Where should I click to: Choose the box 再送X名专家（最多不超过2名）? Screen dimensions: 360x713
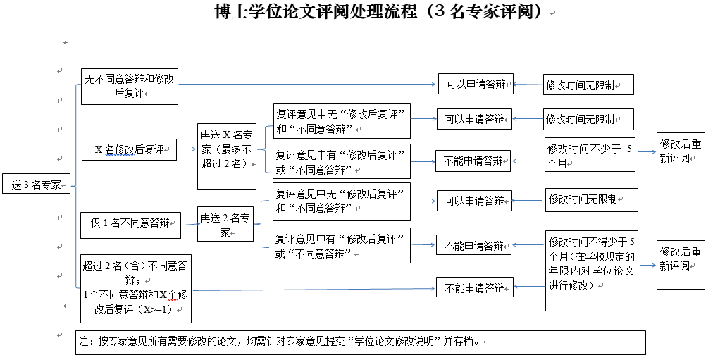click(226, 156)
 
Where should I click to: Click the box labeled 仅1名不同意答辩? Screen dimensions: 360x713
click(130, 224)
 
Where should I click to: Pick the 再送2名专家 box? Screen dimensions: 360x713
click(225, 225)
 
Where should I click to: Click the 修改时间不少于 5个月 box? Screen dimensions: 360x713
click(590, 155)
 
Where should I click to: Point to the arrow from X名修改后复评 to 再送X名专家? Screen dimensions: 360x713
click(187, 149)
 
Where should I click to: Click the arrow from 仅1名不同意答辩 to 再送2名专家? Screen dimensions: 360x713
click(189, 225)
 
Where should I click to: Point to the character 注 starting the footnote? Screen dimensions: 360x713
click(84, 342)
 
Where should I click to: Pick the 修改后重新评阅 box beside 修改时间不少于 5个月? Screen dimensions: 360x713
click(681, 156)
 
